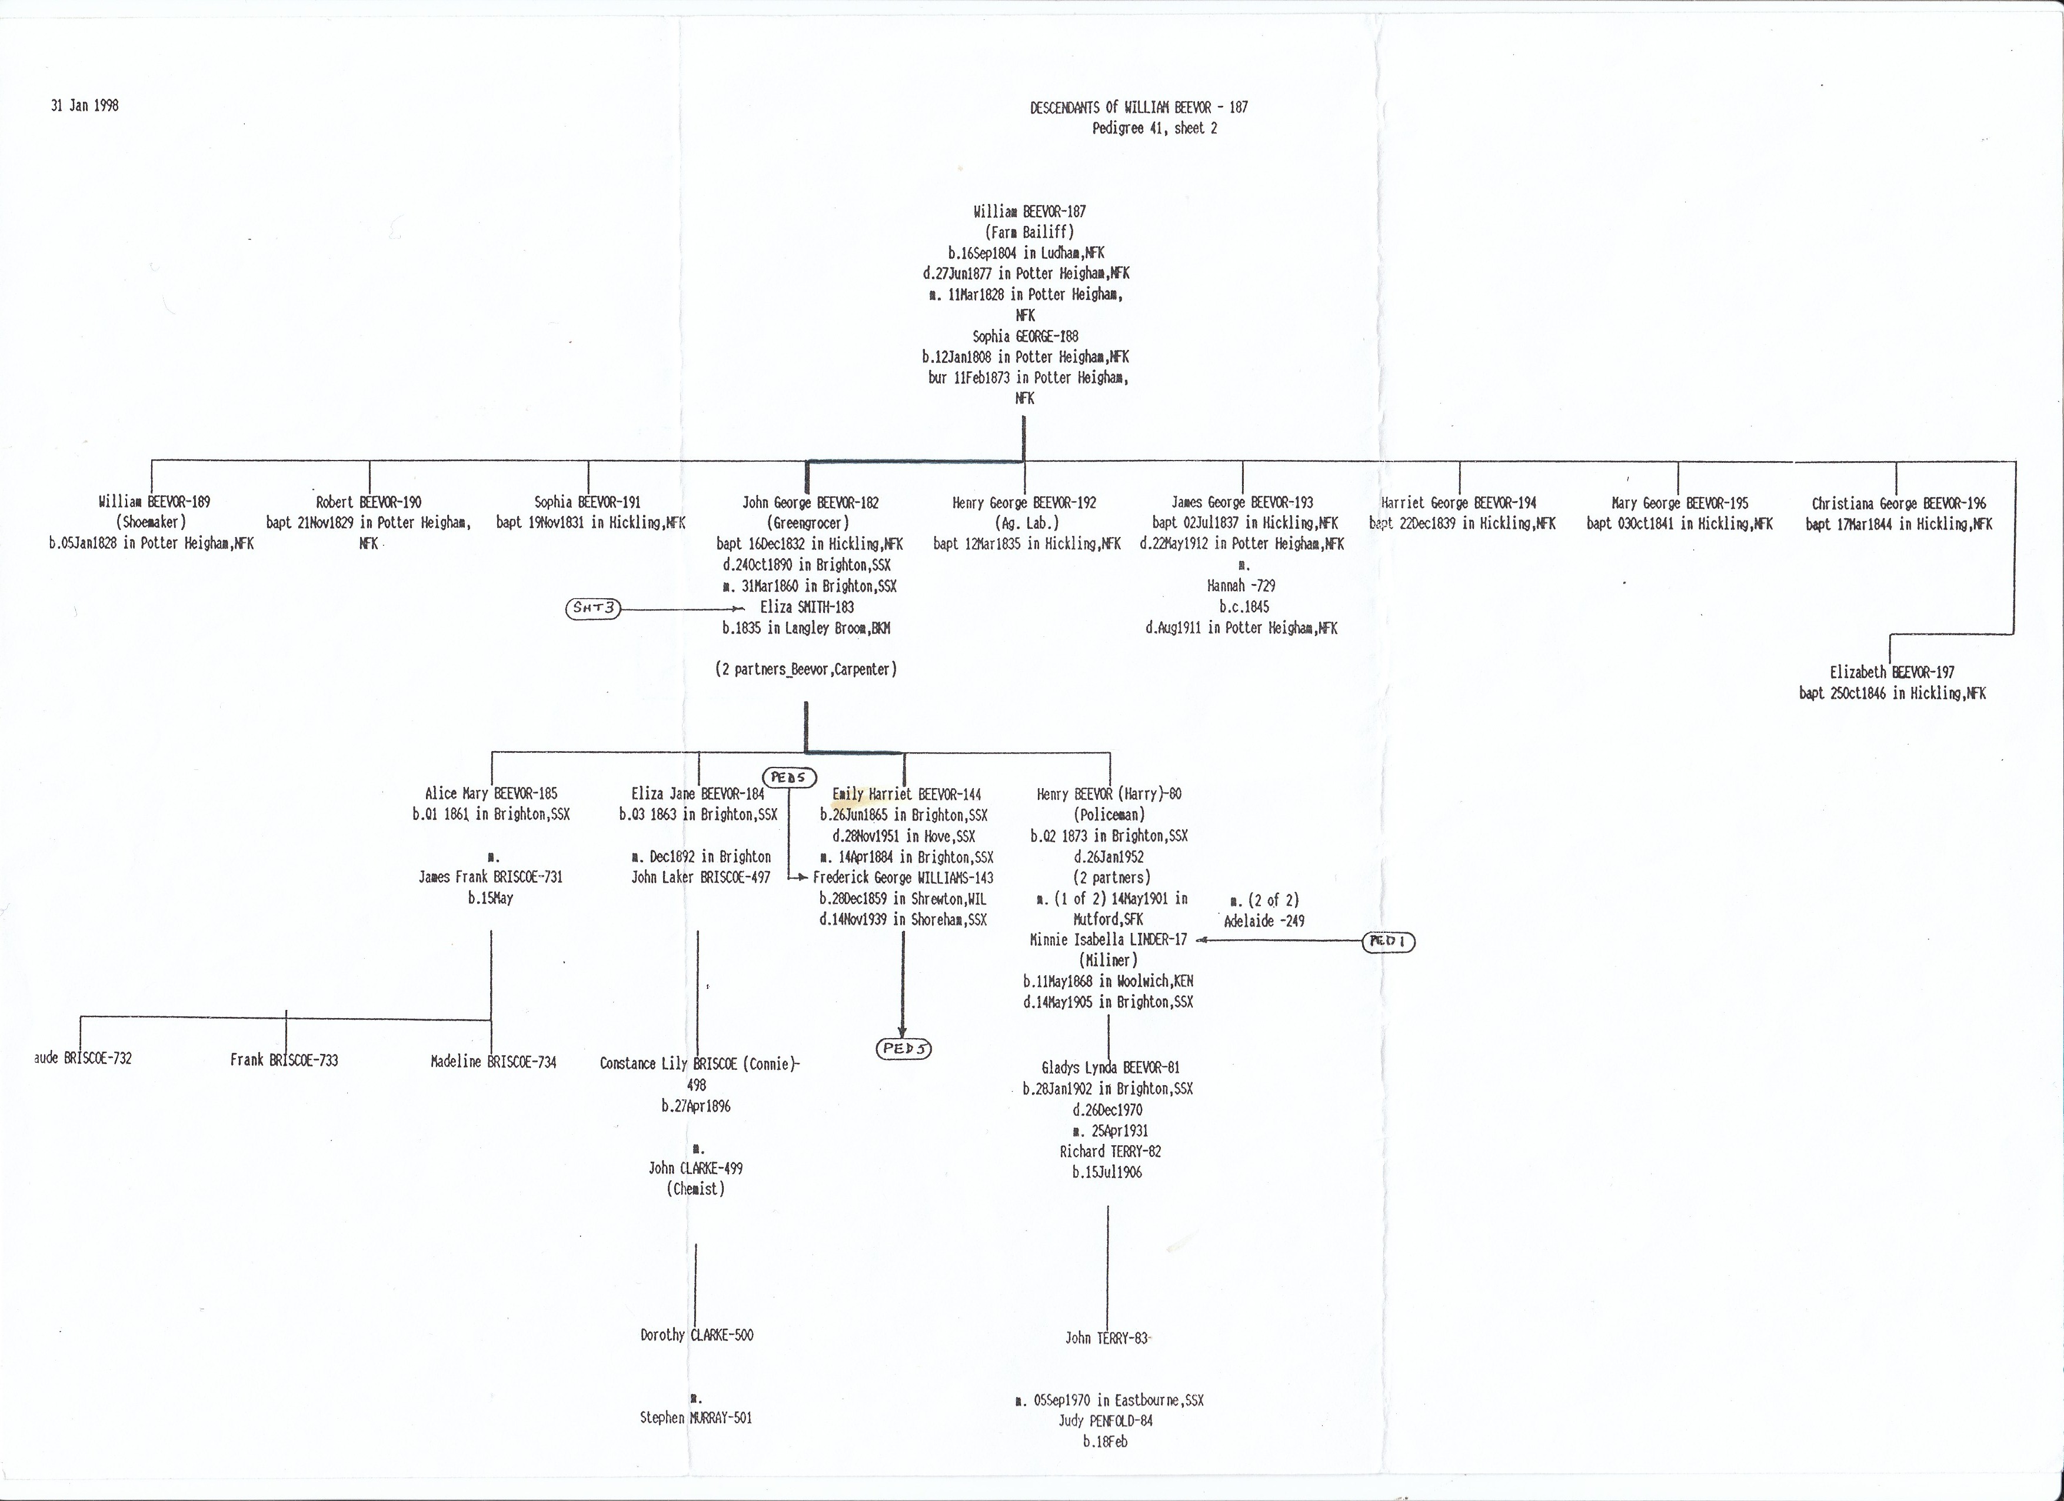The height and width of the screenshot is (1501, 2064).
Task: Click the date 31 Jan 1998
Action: click(x=85, y=105)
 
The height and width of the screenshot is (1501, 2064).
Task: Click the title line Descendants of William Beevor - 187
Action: click(x=1138, y=108)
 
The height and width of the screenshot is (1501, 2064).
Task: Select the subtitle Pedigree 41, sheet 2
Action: click(x=1154, y=128)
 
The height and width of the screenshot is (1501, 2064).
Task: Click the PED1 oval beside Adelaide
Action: click(x=1389, y=942)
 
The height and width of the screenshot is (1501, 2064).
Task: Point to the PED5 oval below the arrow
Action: click(x=904, y=1048)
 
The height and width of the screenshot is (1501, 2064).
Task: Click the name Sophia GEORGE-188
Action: click(x=1025, y=336)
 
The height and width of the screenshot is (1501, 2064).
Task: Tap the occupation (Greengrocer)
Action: click(x=808, y=523)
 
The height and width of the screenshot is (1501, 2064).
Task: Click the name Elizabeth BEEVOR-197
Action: click(x=1892, y=672)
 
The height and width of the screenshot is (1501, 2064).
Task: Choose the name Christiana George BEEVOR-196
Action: click(x=1898, y=503)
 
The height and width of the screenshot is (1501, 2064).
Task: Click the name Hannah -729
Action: click(x=1241, y=586)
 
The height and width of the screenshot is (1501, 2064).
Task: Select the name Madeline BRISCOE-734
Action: click(x=493, y=1062)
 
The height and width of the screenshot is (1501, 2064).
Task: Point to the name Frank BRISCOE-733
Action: click(x=284, y=1060)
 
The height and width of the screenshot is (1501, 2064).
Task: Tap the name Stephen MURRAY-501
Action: click(x=695, y=1417)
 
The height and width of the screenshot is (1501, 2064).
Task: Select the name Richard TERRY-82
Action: click(x=1109, y=1152)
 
